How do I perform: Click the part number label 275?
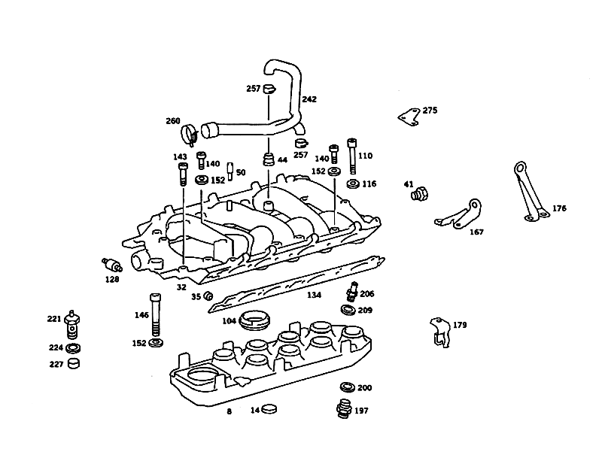[x=430, y=111]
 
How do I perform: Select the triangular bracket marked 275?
[x=409, y=117]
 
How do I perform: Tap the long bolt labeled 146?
[x=155, y=314]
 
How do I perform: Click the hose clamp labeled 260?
[x=189, y=135]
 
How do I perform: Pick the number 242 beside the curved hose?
[x=309, y=99]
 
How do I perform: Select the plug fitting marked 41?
[x=419, y=193]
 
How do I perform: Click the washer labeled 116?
[x=353, y=183]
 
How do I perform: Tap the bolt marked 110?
[x=352, y=156]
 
